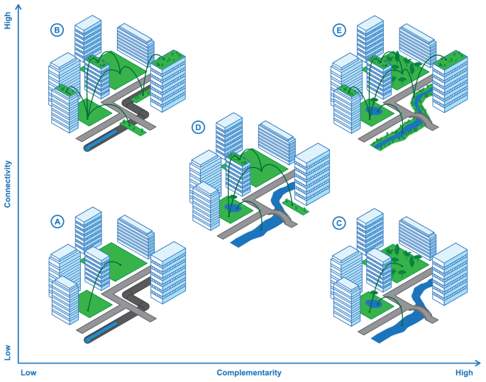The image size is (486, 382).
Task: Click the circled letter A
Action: click(57, 222)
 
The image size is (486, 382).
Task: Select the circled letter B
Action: click(57, 30)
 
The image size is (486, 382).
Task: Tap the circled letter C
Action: click(339, 223)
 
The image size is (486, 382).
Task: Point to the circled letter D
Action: click(199, 128)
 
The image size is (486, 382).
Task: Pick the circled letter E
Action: click(339, 30)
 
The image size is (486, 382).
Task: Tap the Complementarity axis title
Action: click(249, 373)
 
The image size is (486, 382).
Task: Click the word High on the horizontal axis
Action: click(464, 373)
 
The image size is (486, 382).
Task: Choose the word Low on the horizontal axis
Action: click(28, 373)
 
